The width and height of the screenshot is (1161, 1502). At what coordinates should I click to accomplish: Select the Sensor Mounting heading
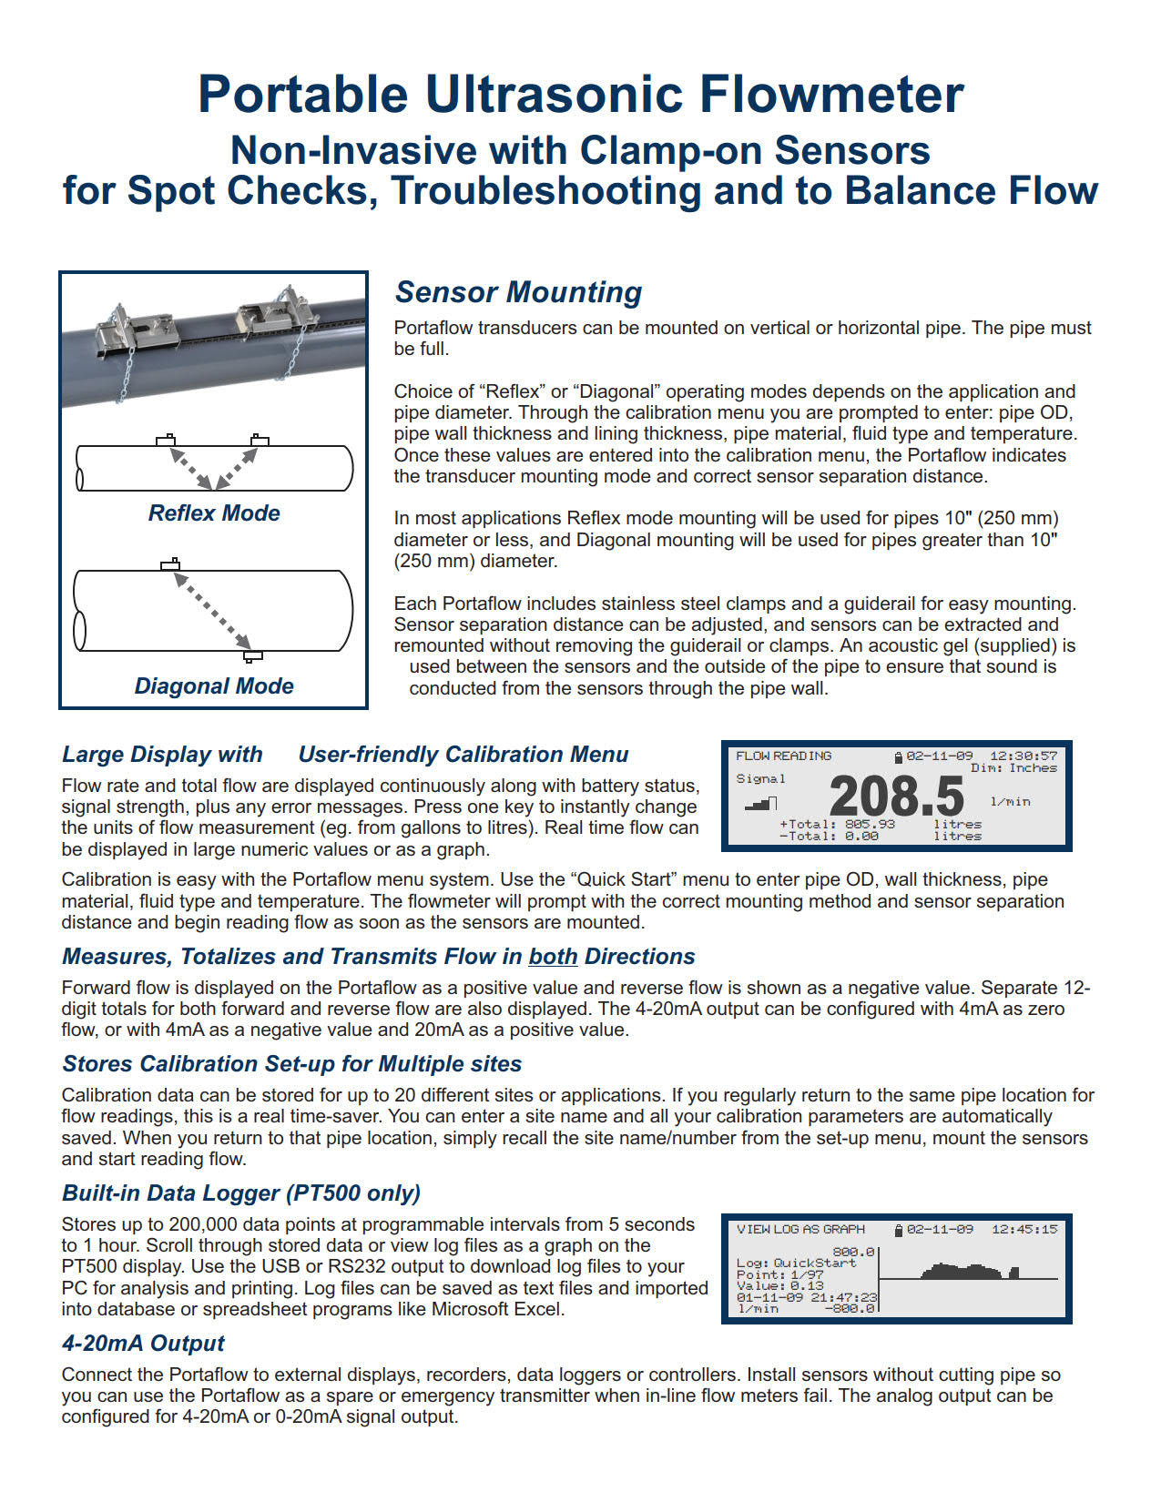[x=518, y=292]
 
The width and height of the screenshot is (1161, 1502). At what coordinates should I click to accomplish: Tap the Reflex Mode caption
[x=214, y=513]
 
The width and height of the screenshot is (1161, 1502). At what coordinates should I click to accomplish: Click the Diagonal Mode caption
[x=214, y=686]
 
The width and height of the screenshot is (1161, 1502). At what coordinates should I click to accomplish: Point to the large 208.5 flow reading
[x=896, y=797]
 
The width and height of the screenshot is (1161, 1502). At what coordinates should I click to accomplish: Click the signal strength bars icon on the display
[x=761, y=803]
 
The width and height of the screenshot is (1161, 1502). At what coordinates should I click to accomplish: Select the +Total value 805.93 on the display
[x=870, y=824]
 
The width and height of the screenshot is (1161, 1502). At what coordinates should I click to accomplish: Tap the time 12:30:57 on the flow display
[x=1024, y=756]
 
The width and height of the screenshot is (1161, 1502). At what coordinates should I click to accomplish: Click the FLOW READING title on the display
[x=783, y=756]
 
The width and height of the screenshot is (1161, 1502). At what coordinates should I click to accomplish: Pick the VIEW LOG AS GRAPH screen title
[x=800, y=1229]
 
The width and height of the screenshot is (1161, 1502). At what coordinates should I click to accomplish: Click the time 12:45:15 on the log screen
[x=1024, y=1229]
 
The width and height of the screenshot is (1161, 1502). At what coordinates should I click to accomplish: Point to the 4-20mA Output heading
[x=143, y=1344]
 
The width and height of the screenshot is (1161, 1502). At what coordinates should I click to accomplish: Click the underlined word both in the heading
[x=553, y=957]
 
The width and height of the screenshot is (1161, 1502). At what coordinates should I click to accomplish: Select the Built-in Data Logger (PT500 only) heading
[x=241, y=1193]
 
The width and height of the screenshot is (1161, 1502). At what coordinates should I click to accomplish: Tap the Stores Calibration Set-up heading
[x=291, y=1064]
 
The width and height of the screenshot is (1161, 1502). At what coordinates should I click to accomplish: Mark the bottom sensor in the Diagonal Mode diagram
[x=253, y=656]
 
